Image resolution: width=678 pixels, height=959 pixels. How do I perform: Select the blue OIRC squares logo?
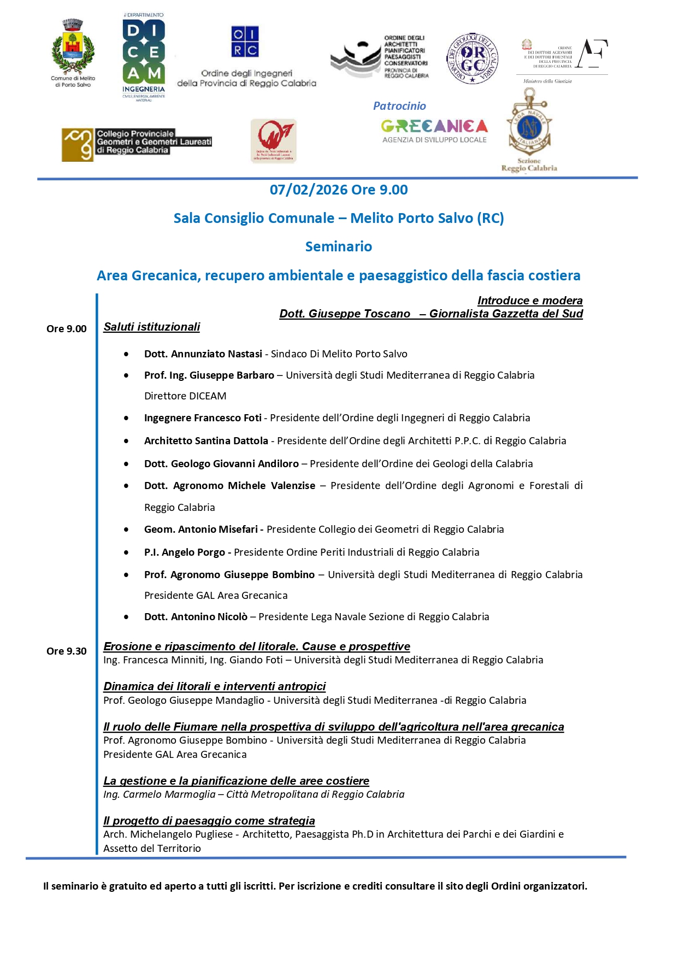click(x=245, y=42)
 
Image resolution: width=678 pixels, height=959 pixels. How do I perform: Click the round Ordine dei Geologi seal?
click(x=472, y=58)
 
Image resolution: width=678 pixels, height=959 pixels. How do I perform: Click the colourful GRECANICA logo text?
click(x=434, y=126)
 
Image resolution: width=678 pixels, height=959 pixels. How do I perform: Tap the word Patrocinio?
click(x=399, y=106)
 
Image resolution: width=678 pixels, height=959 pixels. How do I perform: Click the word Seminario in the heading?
click(x=339, y=247)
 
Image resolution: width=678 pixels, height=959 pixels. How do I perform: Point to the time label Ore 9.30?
click(x=67, y=651)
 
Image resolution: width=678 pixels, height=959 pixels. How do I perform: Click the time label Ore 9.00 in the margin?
click(x=67, y=329)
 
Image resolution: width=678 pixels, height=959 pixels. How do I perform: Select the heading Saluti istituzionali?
click(x=152, y=327)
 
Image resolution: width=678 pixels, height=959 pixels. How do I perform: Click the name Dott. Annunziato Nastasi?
click(x=203, y=354)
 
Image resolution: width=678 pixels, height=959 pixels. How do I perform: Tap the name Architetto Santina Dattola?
click(x=206, y=441)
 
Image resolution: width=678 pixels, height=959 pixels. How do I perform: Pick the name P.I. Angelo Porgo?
click(x=185, y=552)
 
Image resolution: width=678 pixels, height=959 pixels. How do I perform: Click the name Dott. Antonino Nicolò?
click(x=196, y=617)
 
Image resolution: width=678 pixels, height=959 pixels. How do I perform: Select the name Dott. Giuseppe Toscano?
click(x=345, y=314)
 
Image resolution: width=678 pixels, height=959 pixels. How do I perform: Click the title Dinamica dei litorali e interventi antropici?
click(x=215, y=686)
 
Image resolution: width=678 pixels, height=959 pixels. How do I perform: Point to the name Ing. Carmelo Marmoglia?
click(x=159, y=795)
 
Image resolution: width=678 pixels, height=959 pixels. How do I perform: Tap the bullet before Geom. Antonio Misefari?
click(x=126, y=529)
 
